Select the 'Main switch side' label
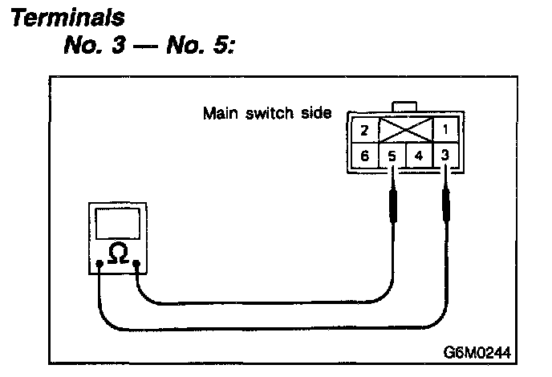pyautogui.click(x=267, y=112)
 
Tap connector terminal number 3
pyautogui.click(x=446, y=155)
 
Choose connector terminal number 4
pyautogui.click(x=419, y=155)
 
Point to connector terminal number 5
pyautogui.click(x=392, y=155)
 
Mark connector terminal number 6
pyautogui.click(x=363, y=155)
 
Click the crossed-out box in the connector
pyautogui.click(x=405, y=129)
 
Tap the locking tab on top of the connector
pyautogui.click(x=405, y=107)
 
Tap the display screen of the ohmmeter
pyautogui.click(x=118, y=223)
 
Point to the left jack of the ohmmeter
pyautogui.click(x=98, y=263)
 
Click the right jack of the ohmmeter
pyautogui.click(x=137, y=263)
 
